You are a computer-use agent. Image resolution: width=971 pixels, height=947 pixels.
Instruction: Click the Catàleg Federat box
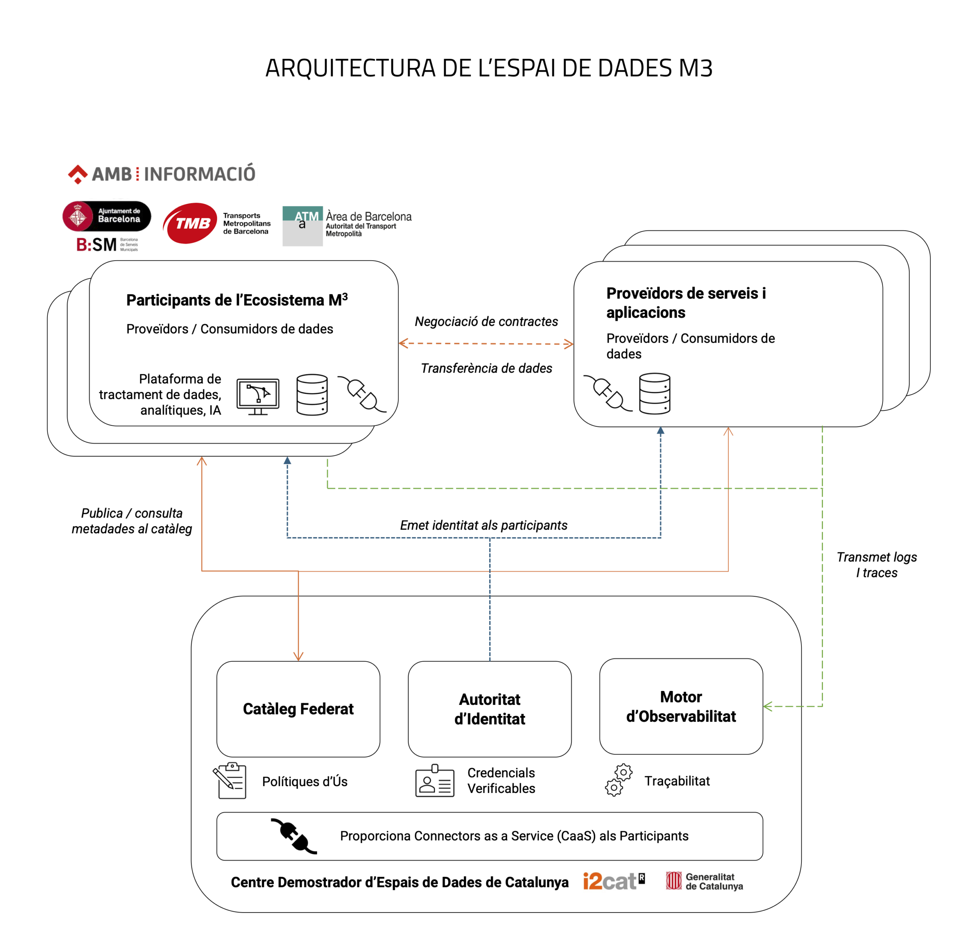(298, 708)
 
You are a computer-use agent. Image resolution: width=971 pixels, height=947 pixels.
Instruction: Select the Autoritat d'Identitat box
(489, 708)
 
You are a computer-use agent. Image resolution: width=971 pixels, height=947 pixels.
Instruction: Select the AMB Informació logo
(162, 174)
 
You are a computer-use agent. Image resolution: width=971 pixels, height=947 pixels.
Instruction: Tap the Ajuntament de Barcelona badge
(107, 216)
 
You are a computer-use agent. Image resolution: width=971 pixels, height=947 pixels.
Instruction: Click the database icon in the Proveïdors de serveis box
(654, 393)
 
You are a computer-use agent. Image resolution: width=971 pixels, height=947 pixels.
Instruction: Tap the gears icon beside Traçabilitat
(618, 780)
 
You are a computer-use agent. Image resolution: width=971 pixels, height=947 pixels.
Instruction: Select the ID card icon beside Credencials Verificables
(435, 781)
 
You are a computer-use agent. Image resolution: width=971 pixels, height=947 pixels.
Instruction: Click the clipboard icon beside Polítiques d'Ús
(230, 780)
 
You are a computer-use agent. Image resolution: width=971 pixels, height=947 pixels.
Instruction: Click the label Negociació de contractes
(486, 321)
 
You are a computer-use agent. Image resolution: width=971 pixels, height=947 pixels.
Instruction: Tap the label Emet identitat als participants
(483, 525)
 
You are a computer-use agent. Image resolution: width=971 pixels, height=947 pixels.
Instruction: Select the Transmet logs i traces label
(877, 565)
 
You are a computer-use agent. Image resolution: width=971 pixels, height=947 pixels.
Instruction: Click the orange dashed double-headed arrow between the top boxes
(486, 343)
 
